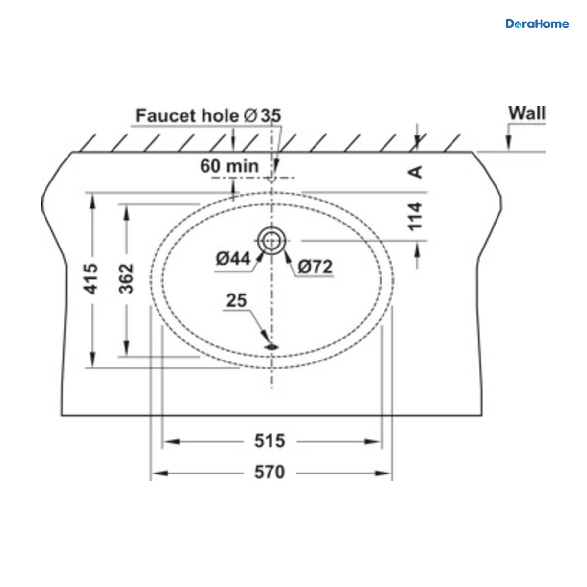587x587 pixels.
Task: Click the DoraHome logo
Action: pyautogui.click(x=537, y=24)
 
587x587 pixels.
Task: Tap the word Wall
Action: pyautogui.click(x=527, y=113)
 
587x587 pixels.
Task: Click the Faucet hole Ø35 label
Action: pyautogui.click(x=208, y=116)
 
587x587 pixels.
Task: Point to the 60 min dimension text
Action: pyautogui.click(x=229, y=166)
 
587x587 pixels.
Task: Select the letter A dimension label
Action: pyautogui.click(x=415, y=172)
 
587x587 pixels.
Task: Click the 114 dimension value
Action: pyautogui.click(x=415, y=217)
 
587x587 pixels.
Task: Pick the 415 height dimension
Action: pyautogui.click(x=91, y=279)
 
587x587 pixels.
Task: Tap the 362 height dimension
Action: pyautogui.click(x=126, y=279)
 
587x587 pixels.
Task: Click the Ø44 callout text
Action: pyautogui.click(x=233, y=259)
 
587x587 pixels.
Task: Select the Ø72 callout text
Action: pyautogui.click(x=315, y=267)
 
